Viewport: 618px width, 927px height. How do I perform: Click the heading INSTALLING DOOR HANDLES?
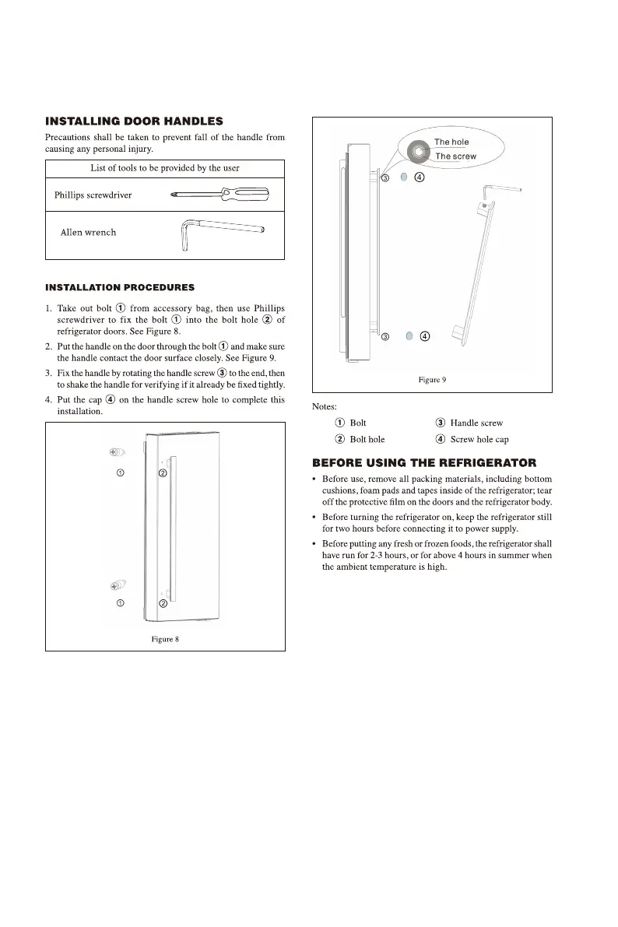tap(135, 121)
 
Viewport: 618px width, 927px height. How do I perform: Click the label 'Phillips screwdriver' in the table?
tap(93, 195)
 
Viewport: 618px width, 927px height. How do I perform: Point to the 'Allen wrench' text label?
tap(88, 232)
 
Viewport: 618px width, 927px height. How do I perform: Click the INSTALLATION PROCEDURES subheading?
tap(120, 288)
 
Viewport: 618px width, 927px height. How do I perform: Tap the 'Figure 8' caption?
tap(165, 640)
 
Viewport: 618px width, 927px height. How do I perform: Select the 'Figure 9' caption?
tap(432, 380)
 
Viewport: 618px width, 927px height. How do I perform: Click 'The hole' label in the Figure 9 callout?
tap(451, 142)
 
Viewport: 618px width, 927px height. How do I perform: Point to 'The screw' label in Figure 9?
tap(455, 156)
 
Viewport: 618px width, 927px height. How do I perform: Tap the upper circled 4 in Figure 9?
tap(419, 177)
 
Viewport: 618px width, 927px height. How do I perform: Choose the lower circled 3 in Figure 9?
tap(384, 337)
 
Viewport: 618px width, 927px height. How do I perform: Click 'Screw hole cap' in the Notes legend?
tap(479, 439)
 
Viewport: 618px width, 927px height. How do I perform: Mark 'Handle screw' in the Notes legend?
tap(476, 423)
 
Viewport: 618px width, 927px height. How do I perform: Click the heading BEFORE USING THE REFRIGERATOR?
tap(424, 464)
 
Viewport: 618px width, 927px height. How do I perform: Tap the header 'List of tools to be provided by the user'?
tap(165, 167)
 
